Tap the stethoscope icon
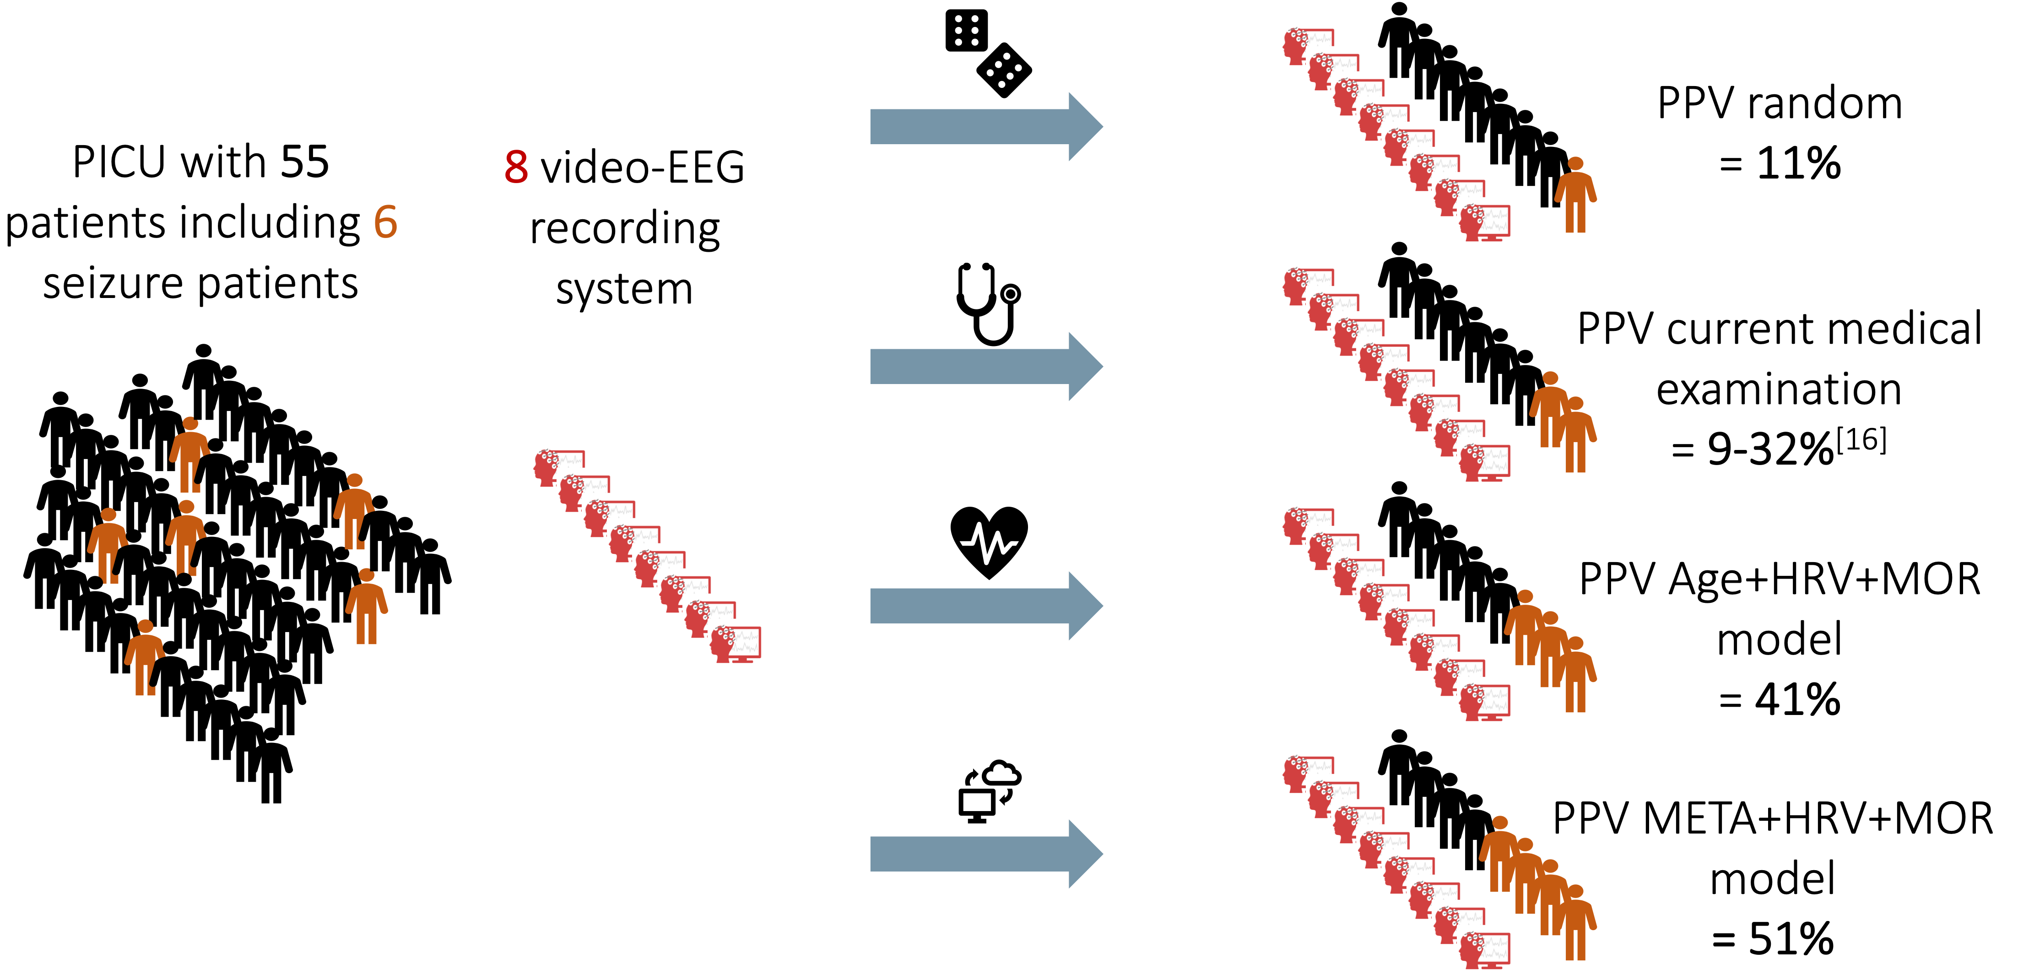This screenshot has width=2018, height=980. coord(987,304)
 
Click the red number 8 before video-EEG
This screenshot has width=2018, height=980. coord(515,168)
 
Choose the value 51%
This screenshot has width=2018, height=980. coord(1791,938)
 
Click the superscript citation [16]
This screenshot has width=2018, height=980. coord(1861,441)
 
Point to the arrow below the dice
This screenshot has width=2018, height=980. coord(985,127)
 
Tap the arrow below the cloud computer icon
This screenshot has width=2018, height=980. coord(985,854)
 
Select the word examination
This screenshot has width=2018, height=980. coord(1778,390)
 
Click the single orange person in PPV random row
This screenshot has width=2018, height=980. coord(1574,196)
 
